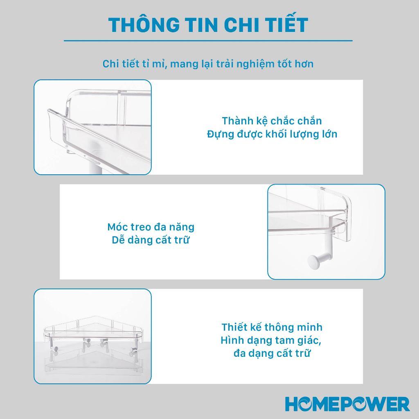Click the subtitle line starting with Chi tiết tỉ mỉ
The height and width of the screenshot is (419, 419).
tap(208, 64)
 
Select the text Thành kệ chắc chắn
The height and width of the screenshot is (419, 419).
tap(272, 121)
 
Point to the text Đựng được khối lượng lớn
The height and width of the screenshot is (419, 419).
tap(272, 134)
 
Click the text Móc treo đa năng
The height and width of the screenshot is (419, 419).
tap(151, 227)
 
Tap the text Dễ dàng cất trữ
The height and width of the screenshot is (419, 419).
tap(151, 240)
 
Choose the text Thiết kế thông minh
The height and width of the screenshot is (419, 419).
tap(272, 327)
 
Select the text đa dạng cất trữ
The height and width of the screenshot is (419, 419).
tap(272, 353)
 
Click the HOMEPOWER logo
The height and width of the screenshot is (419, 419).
tap(347, 403)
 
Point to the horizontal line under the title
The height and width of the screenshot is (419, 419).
tap(208, 41)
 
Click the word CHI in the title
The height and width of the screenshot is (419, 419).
tap(236, 25)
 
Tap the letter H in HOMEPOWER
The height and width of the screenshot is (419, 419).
tap(293, 403)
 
